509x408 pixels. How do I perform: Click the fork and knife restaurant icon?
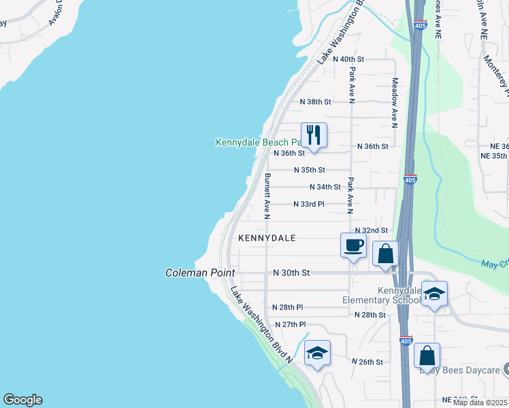click(314, 135)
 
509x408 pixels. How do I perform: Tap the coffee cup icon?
click(352, 245)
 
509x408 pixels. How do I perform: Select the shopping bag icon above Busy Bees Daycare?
click(427, 356)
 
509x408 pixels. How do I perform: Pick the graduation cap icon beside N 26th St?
click(317, 353)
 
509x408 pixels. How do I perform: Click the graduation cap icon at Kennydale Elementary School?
click(434, 294)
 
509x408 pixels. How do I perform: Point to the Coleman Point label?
click(200, 273)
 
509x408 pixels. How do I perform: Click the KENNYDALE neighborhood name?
click(267, 238)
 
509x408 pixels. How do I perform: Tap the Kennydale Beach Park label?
click(258, 143)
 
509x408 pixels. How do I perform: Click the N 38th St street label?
click(316, 102)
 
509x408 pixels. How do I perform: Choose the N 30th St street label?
click(291, 273)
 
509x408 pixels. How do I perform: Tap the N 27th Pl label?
click(289, 324)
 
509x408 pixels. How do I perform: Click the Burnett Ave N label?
click(267, 196)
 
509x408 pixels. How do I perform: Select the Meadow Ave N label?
click(394, 102)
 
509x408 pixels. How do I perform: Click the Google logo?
click(22, 400)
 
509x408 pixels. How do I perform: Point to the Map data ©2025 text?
click(480, 403)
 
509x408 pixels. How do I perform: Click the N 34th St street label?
click(325, 187)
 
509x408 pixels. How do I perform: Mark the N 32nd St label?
click(371, 231)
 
